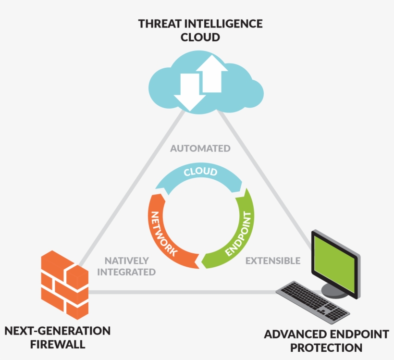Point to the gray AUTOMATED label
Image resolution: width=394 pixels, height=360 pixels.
pos(200,149)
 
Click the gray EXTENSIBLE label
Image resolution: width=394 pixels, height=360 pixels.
pos(273,261)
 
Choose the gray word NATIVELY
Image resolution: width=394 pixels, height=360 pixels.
pos(127,261)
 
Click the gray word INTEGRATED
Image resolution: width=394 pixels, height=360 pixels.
pos(130,272)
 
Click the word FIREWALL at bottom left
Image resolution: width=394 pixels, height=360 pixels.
pos(58,344)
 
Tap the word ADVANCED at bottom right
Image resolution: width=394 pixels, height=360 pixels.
pos(294,334)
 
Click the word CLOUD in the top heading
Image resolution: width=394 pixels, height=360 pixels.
pos(200,37)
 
